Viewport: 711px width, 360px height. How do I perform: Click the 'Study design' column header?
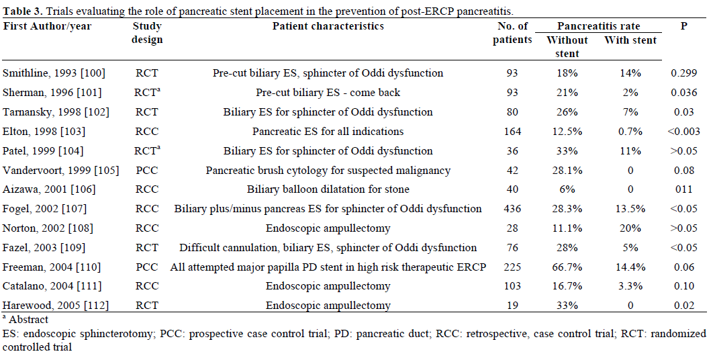click(x=148, y=33)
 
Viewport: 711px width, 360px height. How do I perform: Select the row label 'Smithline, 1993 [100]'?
click(x=54, y=73)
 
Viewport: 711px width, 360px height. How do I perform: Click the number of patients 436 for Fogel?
click(x=512, y=209)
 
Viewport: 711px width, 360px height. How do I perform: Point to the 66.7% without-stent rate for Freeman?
click(x=567, y=267)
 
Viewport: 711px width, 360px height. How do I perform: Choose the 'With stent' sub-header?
click(x=630, y=40)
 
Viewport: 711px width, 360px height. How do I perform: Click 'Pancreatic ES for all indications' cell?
click(x=328, y=131)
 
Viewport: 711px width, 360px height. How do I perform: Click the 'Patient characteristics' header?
click(x=328, y=26)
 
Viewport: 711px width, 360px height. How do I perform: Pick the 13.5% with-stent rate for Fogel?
click(x=630, y=209)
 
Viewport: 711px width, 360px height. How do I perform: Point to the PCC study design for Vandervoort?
click(x=146, y=170)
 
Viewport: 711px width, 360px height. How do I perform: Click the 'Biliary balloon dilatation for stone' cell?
click(x=328, y=189)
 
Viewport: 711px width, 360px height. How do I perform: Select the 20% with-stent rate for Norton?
click(x=630, y=228)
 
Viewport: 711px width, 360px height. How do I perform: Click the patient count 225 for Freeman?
click(x=512, y=267)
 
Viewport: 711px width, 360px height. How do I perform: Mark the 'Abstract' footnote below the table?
click(x=26, y=320)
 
